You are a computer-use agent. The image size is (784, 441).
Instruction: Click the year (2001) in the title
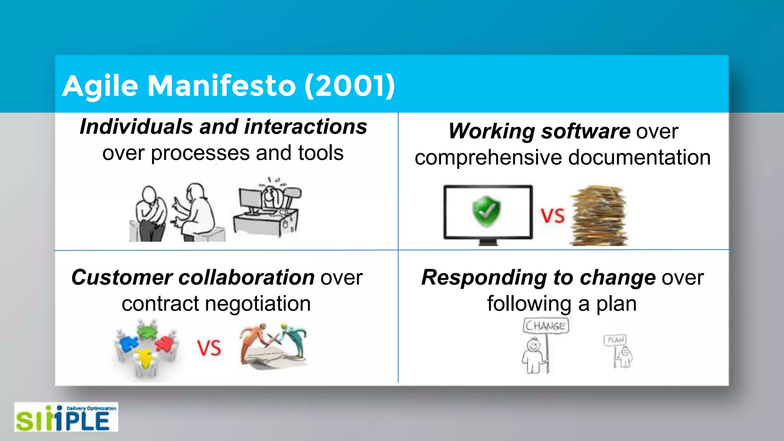coord(349,86)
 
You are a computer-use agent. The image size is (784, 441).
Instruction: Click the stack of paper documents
coord(599,216)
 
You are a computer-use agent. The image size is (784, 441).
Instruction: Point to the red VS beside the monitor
coord(552,216)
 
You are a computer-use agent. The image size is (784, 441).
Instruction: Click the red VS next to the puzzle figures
coord(209,348)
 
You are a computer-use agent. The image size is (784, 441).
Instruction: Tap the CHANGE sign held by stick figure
coord(546,326)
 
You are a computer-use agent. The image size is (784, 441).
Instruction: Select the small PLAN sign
coord(615,340)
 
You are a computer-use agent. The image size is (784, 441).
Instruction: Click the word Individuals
coord(136,127)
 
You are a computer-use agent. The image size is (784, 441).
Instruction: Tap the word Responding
coord(484,278)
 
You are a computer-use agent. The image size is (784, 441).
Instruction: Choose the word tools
coord(321,153)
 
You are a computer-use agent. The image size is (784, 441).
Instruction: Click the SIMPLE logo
coord(66,417)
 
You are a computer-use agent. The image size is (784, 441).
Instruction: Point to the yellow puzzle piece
coord(144,357)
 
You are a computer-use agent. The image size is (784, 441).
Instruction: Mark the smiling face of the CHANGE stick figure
coord(532,345)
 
